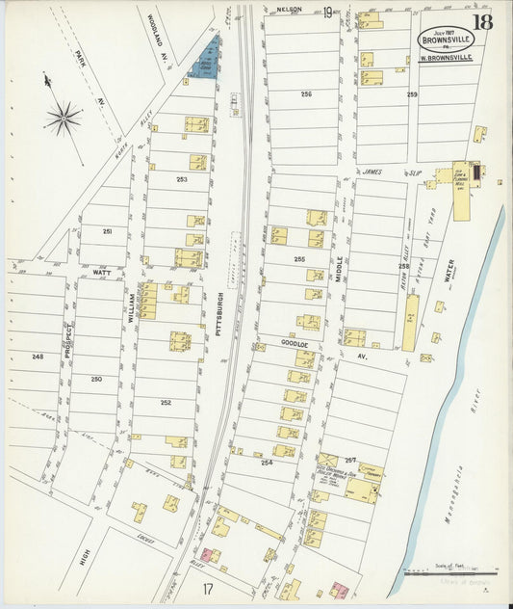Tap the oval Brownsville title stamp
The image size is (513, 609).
446,39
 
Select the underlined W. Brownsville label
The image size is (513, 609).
447,58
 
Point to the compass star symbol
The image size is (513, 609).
63,118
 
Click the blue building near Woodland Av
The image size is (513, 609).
205,61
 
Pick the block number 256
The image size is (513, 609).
306,93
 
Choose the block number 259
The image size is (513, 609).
412,93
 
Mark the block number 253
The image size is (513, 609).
181,179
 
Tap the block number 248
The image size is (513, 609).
38,357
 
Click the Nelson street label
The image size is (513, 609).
289,9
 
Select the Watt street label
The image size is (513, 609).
101,273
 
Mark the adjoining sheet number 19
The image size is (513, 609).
329,12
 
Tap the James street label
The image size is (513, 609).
372,172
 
